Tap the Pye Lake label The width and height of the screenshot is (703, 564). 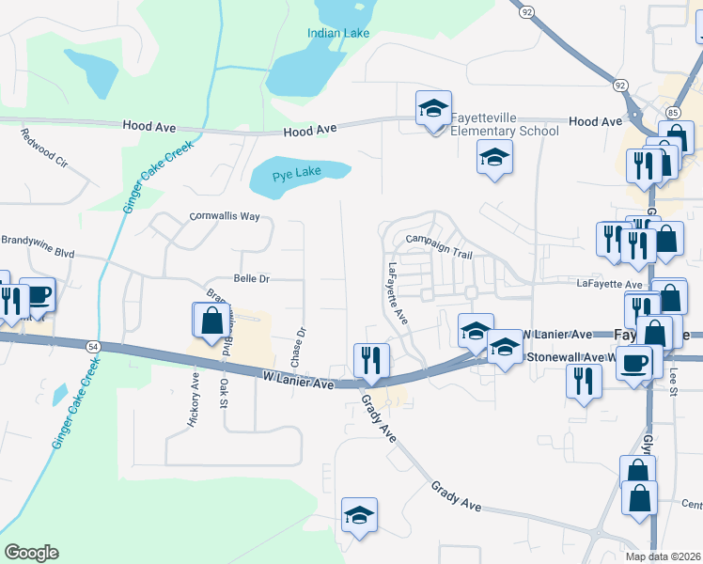(296, 174)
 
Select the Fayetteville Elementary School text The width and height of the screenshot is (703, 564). (504, 124)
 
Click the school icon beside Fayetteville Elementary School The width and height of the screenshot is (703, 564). (433, 110)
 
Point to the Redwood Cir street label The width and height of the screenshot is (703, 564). (44, 147)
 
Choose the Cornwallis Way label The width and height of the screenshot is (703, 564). (224, 215)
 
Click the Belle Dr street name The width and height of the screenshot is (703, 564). (251, 278)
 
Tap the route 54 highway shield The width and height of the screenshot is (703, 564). (92, 347)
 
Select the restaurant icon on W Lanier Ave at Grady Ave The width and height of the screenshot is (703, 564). (371, 360)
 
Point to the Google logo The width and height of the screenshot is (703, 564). (31, 553)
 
